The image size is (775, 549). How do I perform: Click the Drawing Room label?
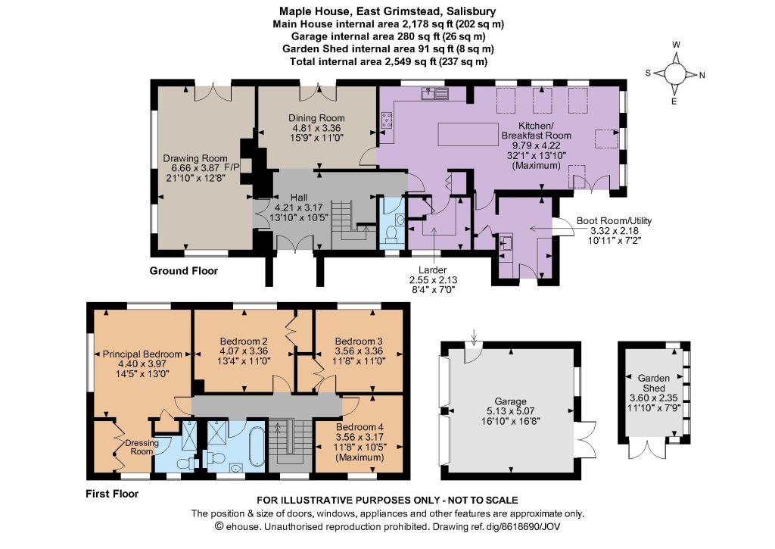pyautogui.click(x=195, y=158)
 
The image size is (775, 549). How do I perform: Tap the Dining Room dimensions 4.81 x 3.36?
pyautogui.click(x=316, y=128)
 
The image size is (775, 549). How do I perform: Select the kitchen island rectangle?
pyautogui.click(x=468, y=134)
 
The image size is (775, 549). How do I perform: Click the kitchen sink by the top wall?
pyautogui.click(x=435, y=93)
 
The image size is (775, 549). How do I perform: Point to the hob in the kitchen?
pyautogui.click(x=387, y=120)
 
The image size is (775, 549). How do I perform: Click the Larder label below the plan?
pyautogui.click(x=432, y=270)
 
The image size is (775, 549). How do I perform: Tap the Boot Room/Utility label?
pyautogui.click(x=615, y=220)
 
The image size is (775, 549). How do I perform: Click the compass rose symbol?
pyautogui.click(x=675, y=74)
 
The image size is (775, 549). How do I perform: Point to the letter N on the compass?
pyautogui.click(x=702, y=76)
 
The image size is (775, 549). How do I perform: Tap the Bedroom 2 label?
pyautogui.click(x=244, y=342)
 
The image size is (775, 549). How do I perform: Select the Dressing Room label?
pyautogui.click(x=142, y=447)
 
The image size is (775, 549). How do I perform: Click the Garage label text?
pyautogui.click(x=511, y=401)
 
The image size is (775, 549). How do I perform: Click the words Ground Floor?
pyautogui.click(x=184, y=271)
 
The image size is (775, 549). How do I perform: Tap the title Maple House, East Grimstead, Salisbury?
pyautogui.click(x=388, y=11)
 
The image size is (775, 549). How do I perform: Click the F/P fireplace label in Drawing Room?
pyautogui.click(x=232, y=167)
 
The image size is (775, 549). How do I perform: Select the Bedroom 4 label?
pyautogui.click(x=359, y=427)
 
